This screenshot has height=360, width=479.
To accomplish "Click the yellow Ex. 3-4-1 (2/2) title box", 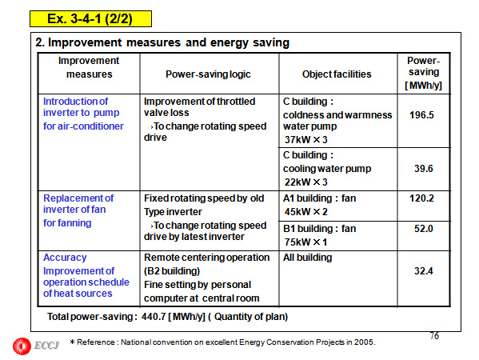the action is (90, 19).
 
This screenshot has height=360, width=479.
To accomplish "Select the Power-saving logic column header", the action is (208, 74).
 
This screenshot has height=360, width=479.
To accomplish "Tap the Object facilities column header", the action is (337, 74).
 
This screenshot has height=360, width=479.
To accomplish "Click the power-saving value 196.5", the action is (421, 115).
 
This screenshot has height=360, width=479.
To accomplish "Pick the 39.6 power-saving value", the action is (423, 168).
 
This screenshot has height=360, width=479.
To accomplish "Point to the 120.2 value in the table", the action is (421, 198).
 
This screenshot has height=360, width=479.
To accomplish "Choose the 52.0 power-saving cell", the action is (423, 229).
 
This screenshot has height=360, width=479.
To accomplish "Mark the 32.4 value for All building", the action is (423, 270).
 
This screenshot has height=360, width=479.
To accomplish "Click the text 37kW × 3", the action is (305, 140).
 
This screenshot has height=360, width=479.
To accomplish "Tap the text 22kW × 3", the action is (305, 182).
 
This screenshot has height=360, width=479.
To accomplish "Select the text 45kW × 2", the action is (305, 212).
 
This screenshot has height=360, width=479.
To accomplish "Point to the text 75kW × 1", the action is (305, 242).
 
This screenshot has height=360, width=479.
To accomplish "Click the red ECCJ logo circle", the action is (22, 346).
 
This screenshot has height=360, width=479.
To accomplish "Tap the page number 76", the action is (434, 336).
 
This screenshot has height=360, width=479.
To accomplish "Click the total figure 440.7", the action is (154, 317).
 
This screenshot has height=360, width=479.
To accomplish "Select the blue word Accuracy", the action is (65, 258).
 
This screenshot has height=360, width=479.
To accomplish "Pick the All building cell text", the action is (307, 258).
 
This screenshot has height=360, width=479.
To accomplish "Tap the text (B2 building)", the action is (172, 271).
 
